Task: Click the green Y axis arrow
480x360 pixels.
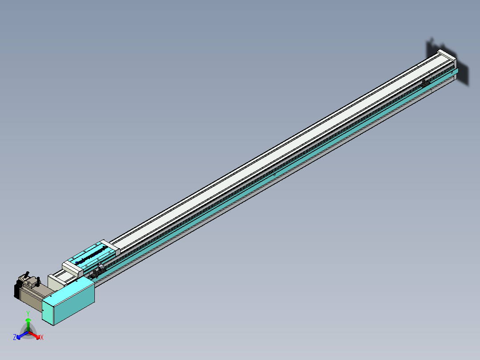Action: [x=28, y=323]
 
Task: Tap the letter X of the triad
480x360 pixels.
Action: [x=42, y=338]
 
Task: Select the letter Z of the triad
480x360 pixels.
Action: [x=15, y=337]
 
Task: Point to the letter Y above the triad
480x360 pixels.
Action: [x=28, y=314]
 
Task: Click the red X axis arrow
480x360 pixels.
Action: [x=36, y=335]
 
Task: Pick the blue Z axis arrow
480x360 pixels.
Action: [x=21, y=335]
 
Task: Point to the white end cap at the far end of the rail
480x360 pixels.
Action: [x=446, y=56]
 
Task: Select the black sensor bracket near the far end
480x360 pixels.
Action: [x=425, y=83]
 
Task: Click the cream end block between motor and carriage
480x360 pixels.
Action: [x=56, y=281]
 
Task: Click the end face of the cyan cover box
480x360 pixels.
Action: [x=48, y=312]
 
